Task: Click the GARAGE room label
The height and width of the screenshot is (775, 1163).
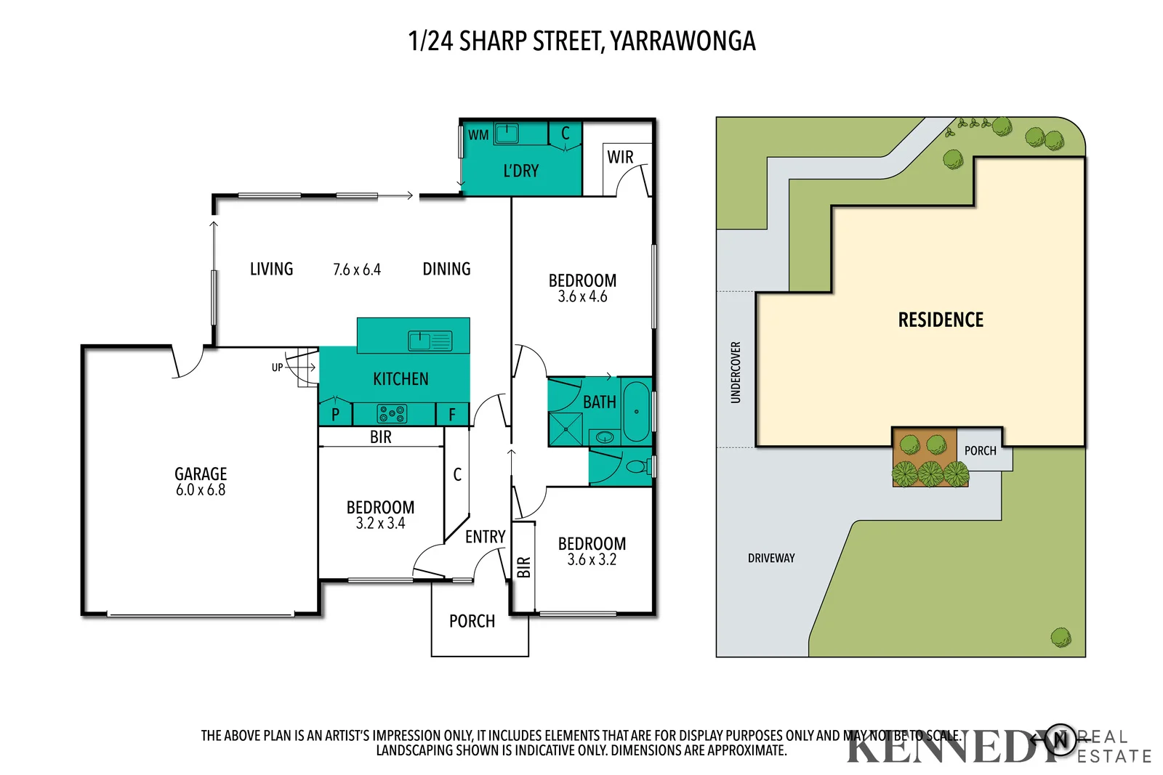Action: [201, 474]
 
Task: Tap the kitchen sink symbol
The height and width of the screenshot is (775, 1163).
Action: [430, 341]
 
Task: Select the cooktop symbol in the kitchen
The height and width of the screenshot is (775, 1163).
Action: [392, 414]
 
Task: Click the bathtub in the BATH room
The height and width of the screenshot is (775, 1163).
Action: [636, 412]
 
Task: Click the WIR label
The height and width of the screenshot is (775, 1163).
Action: [620, 158]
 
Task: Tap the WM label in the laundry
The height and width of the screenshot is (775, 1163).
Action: [478, 135]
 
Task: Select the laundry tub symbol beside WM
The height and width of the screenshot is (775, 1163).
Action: [507, 134]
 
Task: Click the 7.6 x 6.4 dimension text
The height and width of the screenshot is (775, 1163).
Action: [357, 269]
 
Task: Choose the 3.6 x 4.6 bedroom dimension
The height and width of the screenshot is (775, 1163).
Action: [582, 296]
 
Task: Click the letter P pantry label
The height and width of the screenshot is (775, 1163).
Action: [335, 415]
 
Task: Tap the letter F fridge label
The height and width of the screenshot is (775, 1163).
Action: [452, 415]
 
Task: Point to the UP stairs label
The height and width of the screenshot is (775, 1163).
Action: [277, 368]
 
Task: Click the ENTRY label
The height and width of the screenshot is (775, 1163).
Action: [485, 537]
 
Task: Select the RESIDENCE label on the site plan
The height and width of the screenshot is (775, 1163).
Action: [941, 320]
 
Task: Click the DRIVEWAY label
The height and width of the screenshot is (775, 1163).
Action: [771, 558]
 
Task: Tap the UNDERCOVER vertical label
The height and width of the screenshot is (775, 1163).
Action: [736, 372]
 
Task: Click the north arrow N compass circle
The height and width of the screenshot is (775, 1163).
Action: [1061, 740]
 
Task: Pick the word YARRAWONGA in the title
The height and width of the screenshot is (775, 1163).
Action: [683, 41]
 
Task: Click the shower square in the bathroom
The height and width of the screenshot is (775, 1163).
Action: [566, 429]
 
